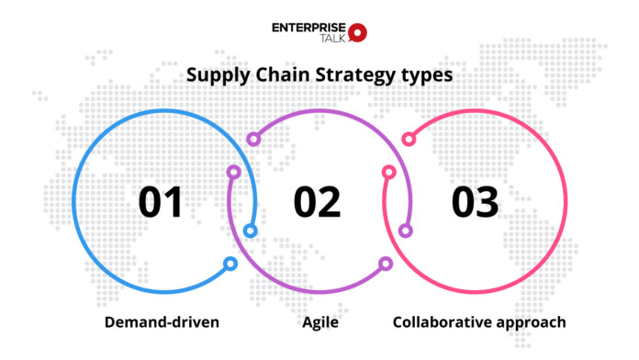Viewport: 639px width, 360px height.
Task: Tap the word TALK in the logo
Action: tap(329, 39)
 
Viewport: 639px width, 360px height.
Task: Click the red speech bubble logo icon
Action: tap(358, 33)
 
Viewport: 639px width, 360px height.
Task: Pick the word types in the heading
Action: tap(423, 76)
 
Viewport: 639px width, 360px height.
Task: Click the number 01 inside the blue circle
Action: tap(163, 201)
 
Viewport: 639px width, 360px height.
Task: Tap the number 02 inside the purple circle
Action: tap(317, 201)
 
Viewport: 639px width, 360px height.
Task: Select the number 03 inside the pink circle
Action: tap(474, 201)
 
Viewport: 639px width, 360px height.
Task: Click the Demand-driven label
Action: tap(161, 322)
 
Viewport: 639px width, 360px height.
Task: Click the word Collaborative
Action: tap(437, 322)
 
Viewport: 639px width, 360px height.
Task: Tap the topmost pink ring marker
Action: tap(409, 139)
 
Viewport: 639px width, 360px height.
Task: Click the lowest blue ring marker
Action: tap(230, 264)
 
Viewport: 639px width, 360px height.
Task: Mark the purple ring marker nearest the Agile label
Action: tap(386, 264)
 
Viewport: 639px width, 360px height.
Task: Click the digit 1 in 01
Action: tap(176, 201)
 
